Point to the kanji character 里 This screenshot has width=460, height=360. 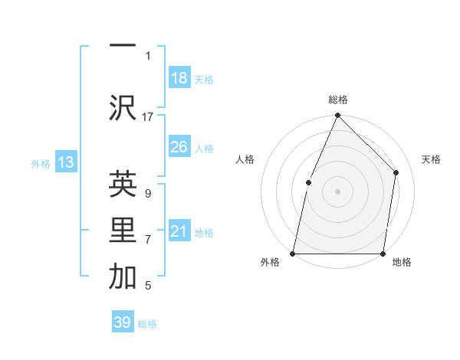123,231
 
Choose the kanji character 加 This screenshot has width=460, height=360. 123,277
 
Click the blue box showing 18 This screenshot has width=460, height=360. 179,78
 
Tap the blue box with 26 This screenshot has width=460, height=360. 179,147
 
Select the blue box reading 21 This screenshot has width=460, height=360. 179,231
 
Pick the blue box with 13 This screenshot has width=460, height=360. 65,162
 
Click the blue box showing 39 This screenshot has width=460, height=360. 123,322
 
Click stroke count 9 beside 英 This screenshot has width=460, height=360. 147,194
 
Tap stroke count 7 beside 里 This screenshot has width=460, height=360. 147,240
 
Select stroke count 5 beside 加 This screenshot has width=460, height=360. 147,286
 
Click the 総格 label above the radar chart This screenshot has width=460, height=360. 338,100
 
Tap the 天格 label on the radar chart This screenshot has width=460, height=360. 431,159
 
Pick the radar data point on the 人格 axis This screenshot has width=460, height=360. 308,182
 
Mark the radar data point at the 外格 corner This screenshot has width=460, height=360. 293,253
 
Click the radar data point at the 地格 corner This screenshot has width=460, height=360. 383,253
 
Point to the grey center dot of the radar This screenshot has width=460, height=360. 337,191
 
